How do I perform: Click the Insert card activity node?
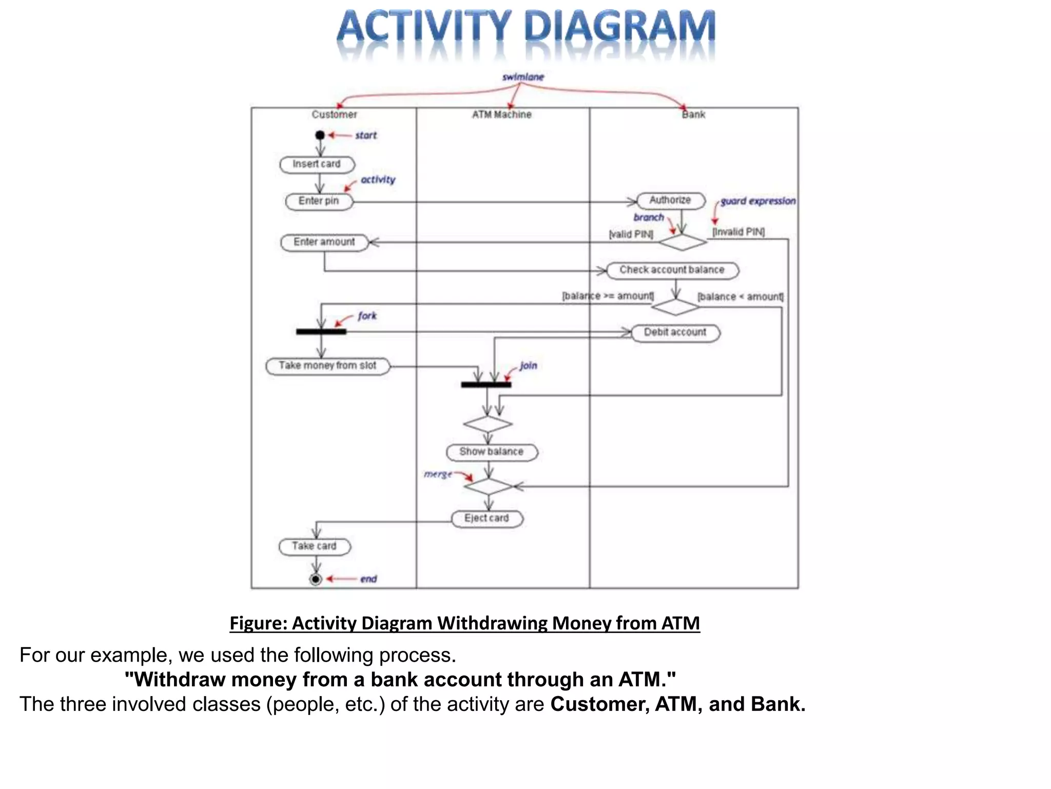[x=317, y=164]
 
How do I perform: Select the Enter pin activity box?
[x=319, y=201]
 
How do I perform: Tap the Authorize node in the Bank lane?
[x=670, y=200]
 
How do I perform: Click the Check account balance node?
[x=672, y=270]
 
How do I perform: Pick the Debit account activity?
[x=675, y=332]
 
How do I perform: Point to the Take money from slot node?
[x=327, y=366]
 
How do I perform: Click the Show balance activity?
[x=491, y=452]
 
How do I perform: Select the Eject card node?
[x=486, y=518]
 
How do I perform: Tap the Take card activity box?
[x=314, y=546]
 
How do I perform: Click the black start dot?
[x=320, y=135]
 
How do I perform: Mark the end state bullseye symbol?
[x=316, y=579]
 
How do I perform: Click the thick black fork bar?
[x=321, y=332]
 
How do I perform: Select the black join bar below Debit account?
[x=485, y=384]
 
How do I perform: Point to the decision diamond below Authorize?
[x=682, y=242]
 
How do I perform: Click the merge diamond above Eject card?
[x=488, y=486]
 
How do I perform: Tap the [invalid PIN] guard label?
[x=738, y=232]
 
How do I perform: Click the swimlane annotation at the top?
[x=522, y=77]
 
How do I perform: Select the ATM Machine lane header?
[x=501, y=115]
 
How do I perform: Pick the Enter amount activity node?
[x=324, y=242]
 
